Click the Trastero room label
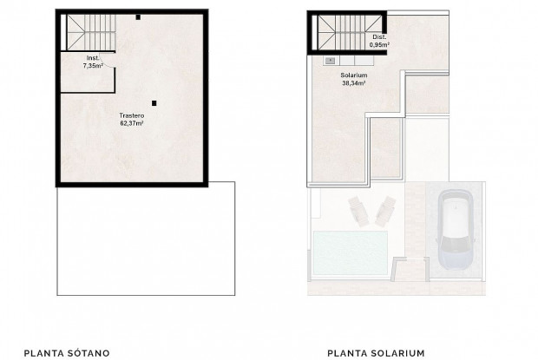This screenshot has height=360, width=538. (132, 116)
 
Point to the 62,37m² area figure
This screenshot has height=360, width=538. (132, 123)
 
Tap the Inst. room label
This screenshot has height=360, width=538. (93, 58)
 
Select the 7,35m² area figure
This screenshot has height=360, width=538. (93, 65)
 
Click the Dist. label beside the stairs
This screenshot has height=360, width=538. (379, 37)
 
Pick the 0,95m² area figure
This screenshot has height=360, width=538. (379, 44)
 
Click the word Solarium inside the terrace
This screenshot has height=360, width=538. (354, 75)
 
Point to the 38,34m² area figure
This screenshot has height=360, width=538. (354, 82)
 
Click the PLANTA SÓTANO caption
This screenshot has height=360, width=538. (67, 353)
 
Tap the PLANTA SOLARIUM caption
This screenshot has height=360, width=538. (376, 353)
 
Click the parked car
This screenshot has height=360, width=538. (456, 229)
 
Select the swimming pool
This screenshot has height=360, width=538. (351, 252)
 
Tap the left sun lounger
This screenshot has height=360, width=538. (359, 212)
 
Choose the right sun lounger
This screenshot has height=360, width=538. (385, 211)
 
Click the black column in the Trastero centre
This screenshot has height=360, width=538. (154, 103)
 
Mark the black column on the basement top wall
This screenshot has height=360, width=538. (138, 17)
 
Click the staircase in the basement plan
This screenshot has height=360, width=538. (91, 33)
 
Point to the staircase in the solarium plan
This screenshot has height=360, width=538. (350, 33)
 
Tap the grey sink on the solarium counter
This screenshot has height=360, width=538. (330, 61)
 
